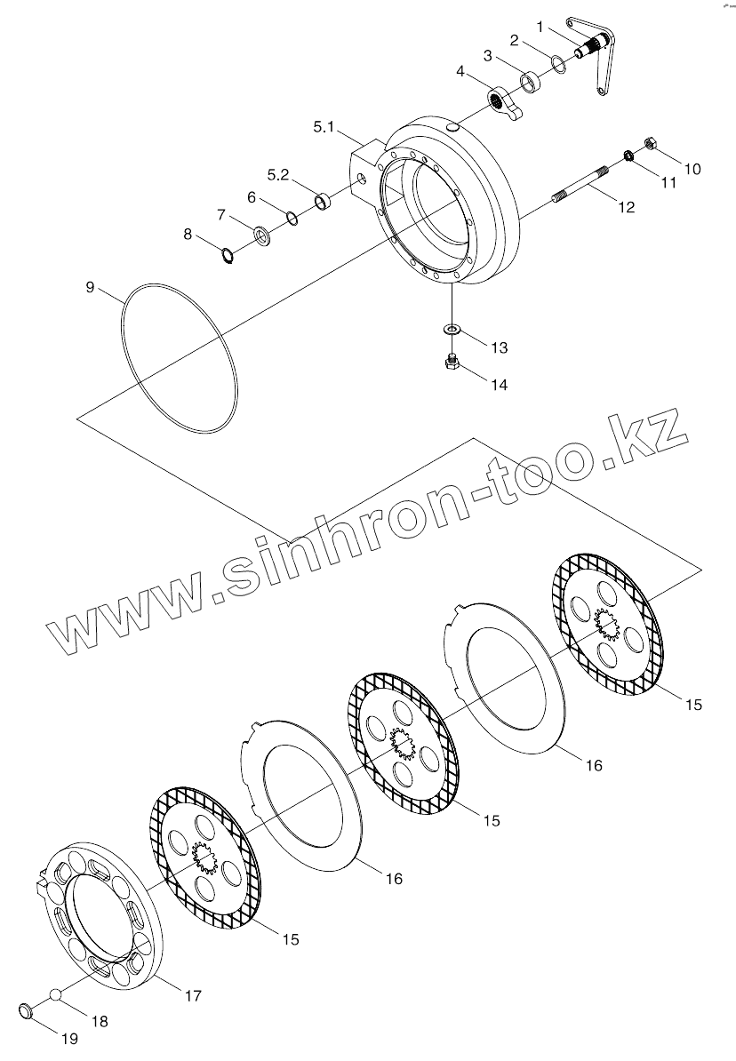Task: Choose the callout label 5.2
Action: coord(278,174)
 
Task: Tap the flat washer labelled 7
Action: coord(262,235)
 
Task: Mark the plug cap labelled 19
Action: coord(29,1010)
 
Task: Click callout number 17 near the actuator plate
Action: coord(192,996)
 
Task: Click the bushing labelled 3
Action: coord(531,81)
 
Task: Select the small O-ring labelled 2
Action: coord(556,63)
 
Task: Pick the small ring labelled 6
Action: coord(292,216)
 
